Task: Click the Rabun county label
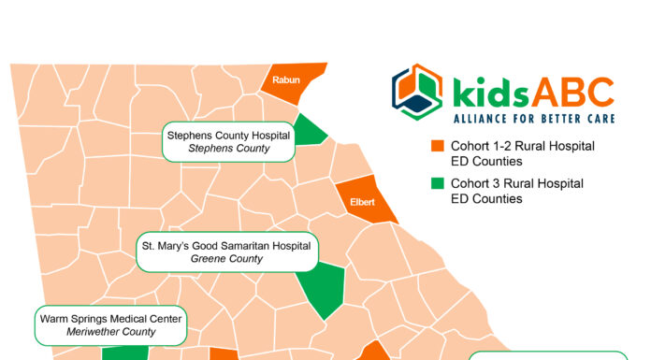285,80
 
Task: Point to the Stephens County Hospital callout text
229,135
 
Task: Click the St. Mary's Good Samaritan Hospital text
227,245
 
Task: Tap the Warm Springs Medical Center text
111,319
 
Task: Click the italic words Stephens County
228,149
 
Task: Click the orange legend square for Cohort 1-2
436,147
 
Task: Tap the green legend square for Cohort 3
436,184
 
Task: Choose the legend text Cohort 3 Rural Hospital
516,184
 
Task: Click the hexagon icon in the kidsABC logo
417,93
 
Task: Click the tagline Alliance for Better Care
533,118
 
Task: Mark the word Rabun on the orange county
285,80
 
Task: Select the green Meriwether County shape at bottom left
124,353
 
